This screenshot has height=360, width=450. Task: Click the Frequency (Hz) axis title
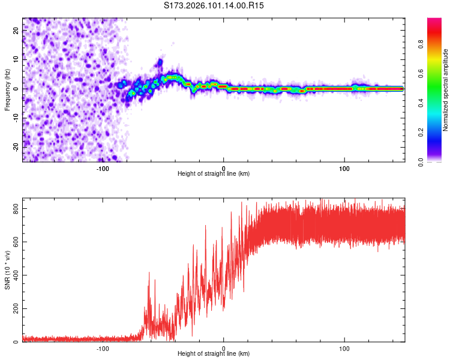[x=7, y=89]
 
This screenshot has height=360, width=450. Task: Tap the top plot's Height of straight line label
[x=214, y=174]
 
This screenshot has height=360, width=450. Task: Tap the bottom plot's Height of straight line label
[x=214, y=354]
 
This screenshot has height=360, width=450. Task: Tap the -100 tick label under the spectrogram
[x=102, y=168]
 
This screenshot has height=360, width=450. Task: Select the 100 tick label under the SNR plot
[x=344, y=348]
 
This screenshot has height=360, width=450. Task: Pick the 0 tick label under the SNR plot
[x=224, y=348]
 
